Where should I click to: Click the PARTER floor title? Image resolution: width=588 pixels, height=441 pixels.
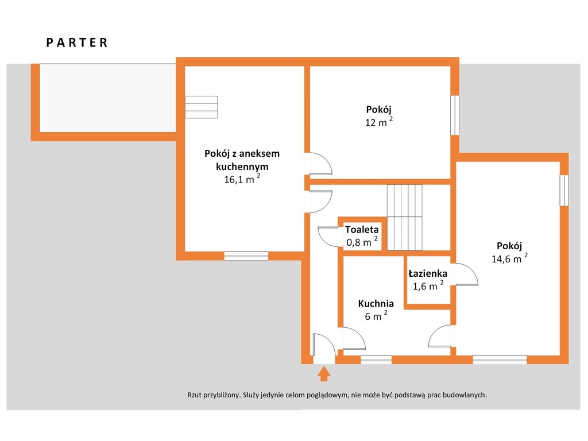[x=77, y=42]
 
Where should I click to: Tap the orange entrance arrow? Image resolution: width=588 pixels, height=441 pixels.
[x=324, y=374]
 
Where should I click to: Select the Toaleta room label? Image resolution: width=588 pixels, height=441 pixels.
[x=362, y=229]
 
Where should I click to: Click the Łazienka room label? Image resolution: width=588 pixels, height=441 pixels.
[x=428, y=273]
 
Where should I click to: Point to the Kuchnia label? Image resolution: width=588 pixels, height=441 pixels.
[x=376, y=303]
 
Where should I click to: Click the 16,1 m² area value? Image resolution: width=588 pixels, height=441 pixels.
[x=242, y=179]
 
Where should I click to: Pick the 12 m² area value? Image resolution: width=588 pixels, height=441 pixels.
[x=379, y=122]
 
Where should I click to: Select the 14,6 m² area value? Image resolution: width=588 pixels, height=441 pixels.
[x=509, y=258]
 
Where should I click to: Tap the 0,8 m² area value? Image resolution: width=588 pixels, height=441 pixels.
[x=362, y=242]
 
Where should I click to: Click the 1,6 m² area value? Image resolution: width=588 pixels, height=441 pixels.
[x=428, y=285]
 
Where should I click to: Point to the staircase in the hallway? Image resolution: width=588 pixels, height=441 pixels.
[x=405, y=218]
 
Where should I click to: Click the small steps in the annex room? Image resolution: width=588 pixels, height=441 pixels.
[x=202, y=107]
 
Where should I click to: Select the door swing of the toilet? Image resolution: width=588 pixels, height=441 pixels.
[x=328, y=236]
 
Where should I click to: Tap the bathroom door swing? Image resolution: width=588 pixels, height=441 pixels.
[x=467, y=274]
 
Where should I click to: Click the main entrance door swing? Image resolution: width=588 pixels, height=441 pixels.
[x=324, y=345]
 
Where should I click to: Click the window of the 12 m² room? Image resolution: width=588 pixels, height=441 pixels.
[x=455, y=115]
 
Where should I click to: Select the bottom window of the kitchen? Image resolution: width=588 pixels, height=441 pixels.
[x=376, y=359]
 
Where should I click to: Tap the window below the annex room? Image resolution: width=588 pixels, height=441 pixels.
[x=246, y=256]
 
